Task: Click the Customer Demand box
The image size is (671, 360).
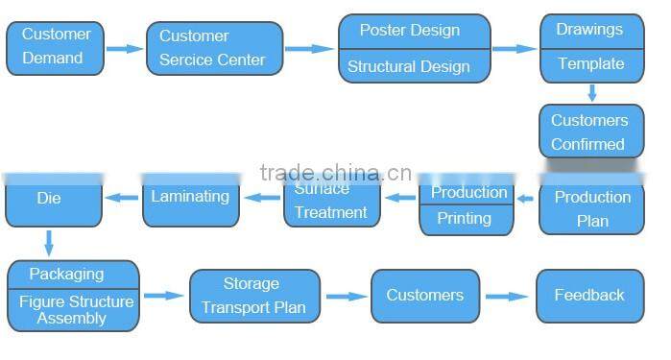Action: coord(56,46)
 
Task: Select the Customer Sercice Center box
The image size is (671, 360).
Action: coord(215,48)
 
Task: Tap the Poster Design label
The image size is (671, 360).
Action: coord(409,31)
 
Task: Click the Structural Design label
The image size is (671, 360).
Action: coord(409,66)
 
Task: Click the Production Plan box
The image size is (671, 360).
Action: coord(591,207)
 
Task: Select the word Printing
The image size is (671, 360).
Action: coord(465,219)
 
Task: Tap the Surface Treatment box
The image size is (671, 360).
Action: coord(331,202)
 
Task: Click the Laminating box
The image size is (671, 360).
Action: coord(191,198)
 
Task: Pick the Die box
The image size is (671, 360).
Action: coord(50,199)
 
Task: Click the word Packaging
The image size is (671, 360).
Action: coord(67,274)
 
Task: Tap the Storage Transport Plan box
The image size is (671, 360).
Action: coord(253,296)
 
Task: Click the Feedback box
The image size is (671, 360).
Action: coord(589,296)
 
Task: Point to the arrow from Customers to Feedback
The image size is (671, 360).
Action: coord(507,297)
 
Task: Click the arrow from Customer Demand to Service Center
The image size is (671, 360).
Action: coord(124,47)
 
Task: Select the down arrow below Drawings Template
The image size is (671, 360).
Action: coord(592,93)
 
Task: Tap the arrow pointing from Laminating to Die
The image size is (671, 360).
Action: coord(122,198)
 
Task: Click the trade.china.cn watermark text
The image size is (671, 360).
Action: coord(335,174)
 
